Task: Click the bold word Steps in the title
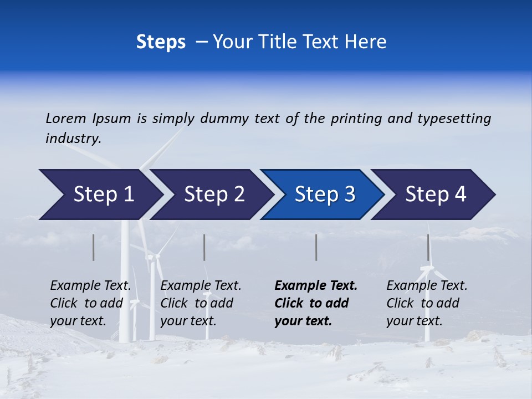[x=161, y=42]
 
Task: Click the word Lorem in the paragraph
[x=66, y=119]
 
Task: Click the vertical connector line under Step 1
[x=94, y=247]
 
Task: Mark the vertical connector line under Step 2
[x=204, y=247]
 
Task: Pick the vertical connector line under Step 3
[x=316, y=247]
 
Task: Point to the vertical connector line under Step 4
[x=428, y=247]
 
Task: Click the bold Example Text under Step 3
[x=316, y=286]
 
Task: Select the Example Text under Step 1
[x=90, y=286]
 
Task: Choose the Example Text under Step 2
[x=201, y=286]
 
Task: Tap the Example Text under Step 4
[x=427, y=286]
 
